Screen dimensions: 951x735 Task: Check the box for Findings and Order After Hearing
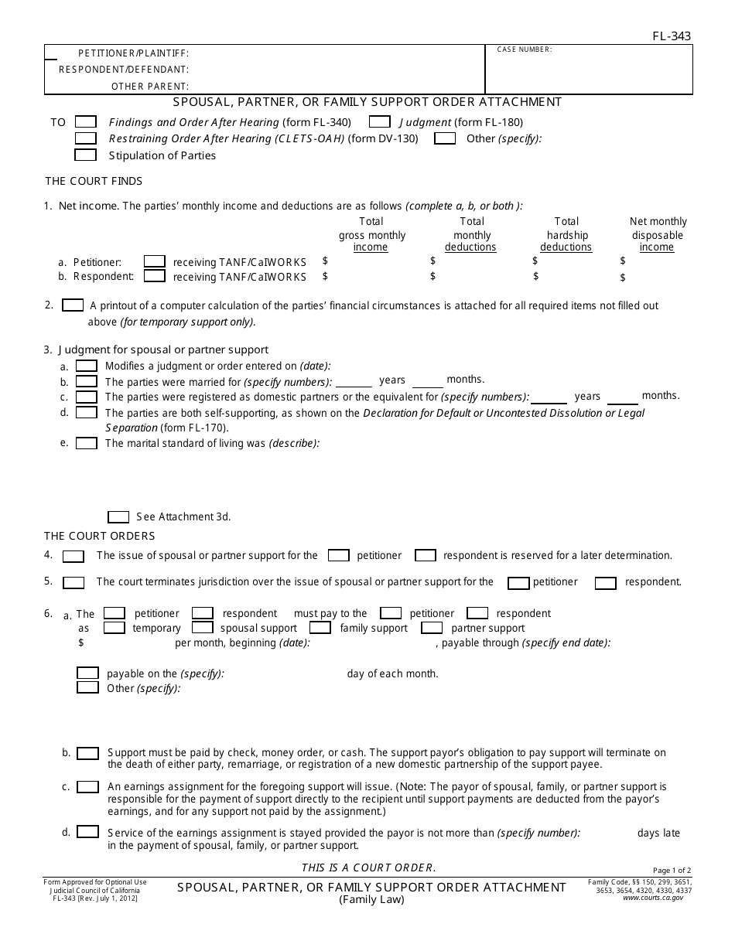click(86, 122)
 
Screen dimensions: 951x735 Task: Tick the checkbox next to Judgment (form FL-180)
click(379, 122)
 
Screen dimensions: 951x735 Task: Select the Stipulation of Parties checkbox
click(86, 155)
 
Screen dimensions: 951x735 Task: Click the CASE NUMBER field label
click(525, 49)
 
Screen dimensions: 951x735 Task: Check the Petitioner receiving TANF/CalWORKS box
click(155, 261)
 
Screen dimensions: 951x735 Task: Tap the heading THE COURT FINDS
click(94, 181)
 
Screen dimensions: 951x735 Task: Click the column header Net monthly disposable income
click(658, 234)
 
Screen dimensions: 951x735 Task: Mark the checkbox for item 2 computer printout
click(73, 305)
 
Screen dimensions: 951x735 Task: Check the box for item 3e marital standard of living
click(86, 443)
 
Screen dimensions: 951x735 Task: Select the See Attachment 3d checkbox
click(118, 516)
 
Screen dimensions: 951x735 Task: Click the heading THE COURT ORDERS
click(99, 536)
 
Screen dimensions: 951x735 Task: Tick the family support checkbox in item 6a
click(320, 628)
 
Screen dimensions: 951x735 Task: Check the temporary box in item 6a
click(114, 628)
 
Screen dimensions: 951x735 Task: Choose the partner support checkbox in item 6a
click(432, 628)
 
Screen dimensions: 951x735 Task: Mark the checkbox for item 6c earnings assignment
click(88, 787)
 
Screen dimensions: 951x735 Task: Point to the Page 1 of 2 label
click(672, 871)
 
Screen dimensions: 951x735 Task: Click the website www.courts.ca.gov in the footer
click(652, 898)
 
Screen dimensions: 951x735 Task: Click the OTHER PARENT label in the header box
click(150, 87)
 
